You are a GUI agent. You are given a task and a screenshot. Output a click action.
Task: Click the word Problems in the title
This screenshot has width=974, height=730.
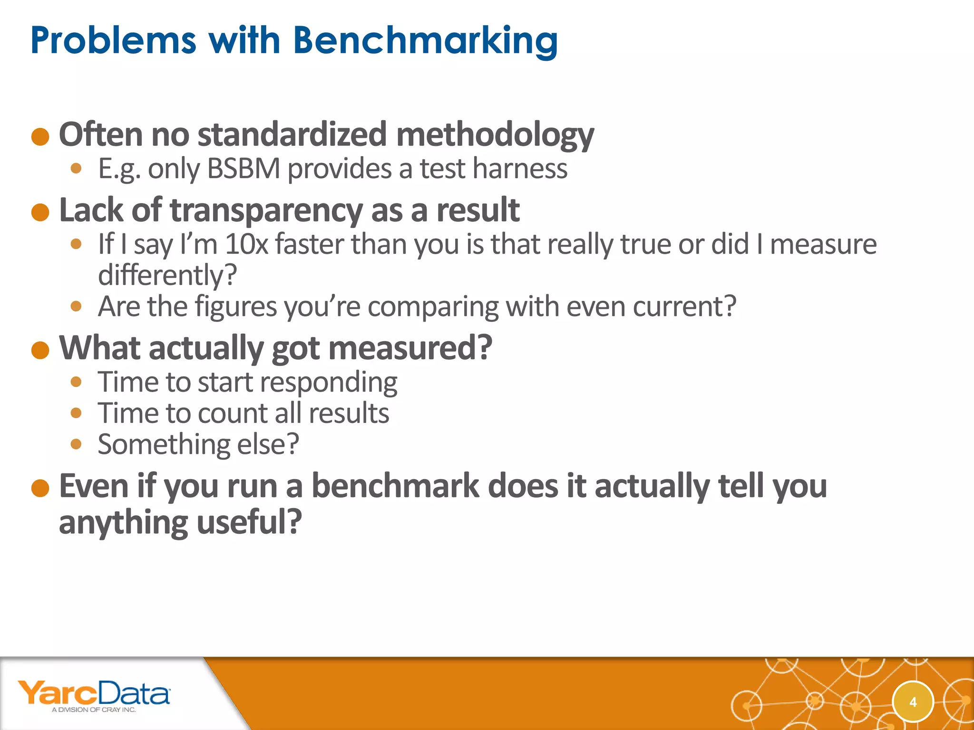point(113,41)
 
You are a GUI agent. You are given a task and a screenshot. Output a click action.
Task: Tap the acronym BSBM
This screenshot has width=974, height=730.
point(243,169)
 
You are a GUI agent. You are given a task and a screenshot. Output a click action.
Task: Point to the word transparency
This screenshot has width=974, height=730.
point(266,211)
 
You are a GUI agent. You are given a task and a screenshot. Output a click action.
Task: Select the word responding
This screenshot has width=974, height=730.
point(328,382)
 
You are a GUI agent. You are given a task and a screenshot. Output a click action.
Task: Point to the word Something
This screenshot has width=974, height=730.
point(163,444)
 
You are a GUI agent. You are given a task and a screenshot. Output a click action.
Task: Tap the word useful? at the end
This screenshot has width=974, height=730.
point(249,522)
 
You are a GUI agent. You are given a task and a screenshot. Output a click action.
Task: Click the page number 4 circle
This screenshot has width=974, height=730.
point(913,702)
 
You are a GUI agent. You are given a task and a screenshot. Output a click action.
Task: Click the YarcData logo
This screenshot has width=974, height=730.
point(94,693)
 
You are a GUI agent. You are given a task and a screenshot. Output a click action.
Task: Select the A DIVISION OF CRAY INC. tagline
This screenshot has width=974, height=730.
point(94,710)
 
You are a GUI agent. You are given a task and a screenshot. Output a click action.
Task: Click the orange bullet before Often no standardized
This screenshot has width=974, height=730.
point(40,137)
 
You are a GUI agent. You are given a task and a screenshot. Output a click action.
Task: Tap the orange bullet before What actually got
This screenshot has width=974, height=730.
point(40,350)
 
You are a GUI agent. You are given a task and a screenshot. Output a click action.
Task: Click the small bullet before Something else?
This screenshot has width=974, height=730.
point(76,444)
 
